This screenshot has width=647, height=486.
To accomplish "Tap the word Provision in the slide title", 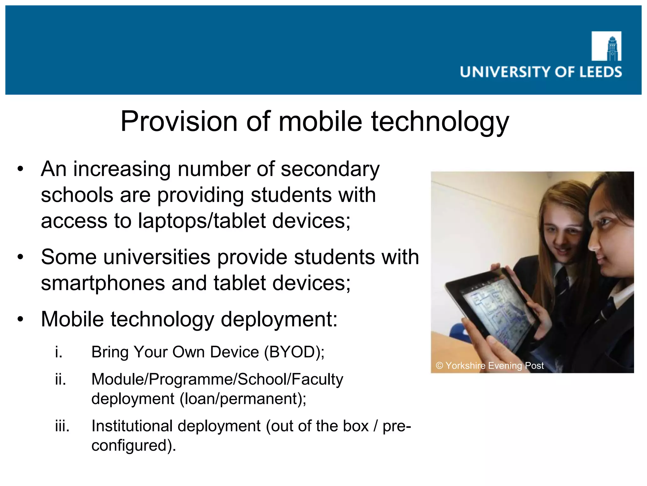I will [179, 121].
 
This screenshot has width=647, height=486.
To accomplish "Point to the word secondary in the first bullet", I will [330, 169].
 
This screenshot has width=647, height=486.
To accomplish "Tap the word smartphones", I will [103, 283].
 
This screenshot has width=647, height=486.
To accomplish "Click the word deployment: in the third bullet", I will [279, 320].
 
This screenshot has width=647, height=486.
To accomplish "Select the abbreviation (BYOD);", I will [294, 352].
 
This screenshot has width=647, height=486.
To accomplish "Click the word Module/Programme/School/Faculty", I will [217, 379].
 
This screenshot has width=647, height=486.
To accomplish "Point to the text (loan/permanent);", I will [243, 399].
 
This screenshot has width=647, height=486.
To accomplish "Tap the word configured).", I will [134, 446].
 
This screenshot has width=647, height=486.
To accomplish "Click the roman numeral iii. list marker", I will [62, 426].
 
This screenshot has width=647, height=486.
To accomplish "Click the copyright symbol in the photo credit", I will [439, 366].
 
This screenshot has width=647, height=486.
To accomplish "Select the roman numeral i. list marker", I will [58, 352].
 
